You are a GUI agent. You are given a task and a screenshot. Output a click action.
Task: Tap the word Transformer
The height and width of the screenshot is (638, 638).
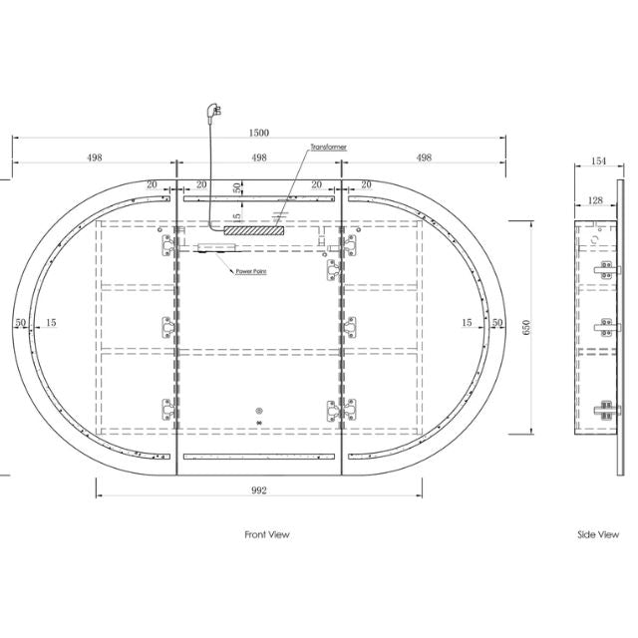point(328,147)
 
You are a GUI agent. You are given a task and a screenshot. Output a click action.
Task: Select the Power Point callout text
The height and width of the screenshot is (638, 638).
point(249,271)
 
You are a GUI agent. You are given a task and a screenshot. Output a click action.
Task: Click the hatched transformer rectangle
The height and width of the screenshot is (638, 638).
point(253,230)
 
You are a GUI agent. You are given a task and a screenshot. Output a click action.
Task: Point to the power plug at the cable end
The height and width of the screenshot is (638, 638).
point(211,113)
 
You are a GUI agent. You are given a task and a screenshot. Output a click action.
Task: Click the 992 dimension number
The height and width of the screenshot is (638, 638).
point(259,489)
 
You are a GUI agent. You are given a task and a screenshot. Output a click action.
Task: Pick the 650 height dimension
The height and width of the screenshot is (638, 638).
point(540,326)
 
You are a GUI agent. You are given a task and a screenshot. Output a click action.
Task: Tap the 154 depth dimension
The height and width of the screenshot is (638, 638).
point(599,159)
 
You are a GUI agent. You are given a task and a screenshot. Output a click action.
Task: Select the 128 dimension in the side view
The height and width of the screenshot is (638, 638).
point(595,200)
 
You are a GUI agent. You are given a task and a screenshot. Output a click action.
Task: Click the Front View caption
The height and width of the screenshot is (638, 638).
point(267,535)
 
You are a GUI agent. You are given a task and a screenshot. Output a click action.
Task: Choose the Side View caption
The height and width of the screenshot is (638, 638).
point(598,535)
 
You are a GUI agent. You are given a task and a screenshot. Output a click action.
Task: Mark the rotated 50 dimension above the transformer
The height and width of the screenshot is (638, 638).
point(237,187)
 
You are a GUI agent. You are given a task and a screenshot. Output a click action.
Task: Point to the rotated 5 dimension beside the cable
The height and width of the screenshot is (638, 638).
point(237,215)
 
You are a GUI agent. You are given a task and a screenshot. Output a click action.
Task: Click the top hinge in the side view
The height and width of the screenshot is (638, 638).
point(602,266)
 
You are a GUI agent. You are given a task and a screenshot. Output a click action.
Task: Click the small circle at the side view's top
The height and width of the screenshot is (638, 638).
point(594,239)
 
